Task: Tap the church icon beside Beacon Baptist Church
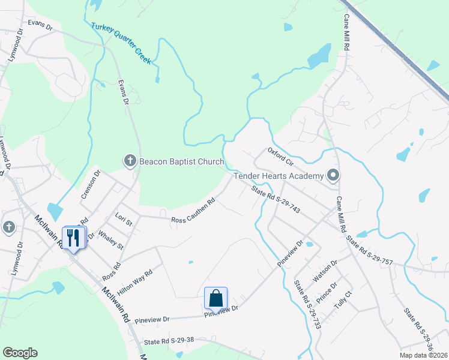point(130,161)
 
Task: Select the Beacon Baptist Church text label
point(181,161)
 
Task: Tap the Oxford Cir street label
point(280,157)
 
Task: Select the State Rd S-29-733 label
point(308,304)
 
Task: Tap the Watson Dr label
point(325,271)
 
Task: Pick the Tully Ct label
point(342,298)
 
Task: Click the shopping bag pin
point(215,298)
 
